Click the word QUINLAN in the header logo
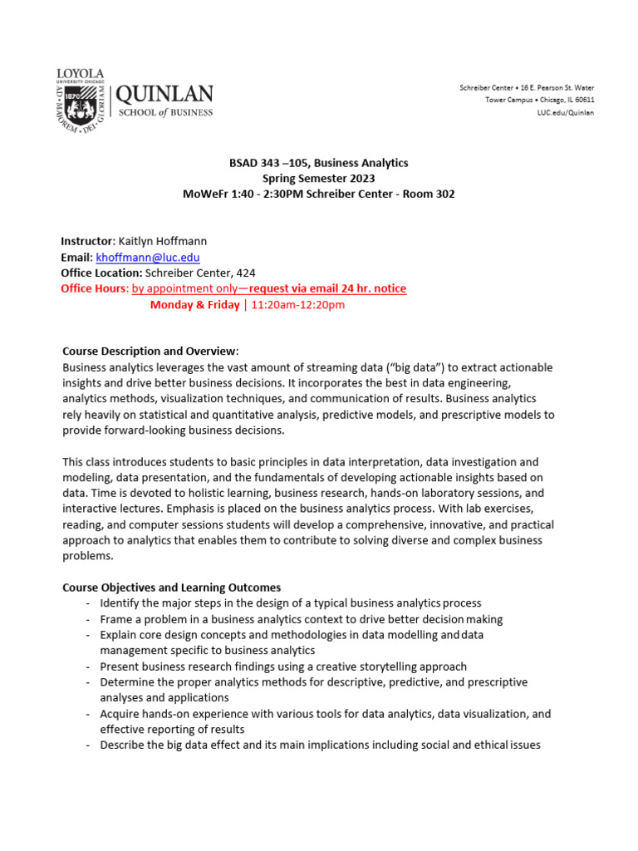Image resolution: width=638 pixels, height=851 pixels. [x=164, y=94]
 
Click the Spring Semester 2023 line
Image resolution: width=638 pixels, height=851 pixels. [x=319, y=178]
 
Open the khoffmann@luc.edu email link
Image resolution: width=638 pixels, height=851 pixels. [x=148, y=258]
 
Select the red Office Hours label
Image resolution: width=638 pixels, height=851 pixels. [x=94, y=288]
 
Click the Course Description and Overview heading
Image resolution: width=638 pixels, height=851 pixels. [x=150, y=351]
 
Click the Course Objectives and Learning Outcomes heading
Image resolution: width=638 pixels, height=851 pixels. [x=172, y=588]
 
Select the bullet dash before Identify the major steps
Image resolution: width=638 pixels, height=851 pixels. [x=89, y=603]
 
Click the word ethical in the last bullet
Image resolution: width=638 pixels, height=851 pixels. [x=485, y=745]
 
